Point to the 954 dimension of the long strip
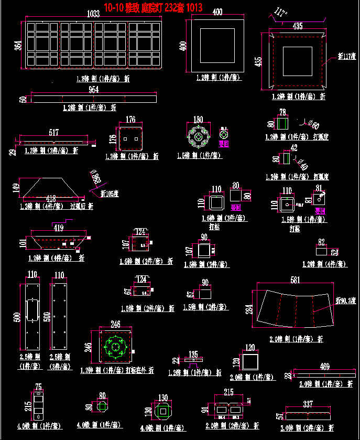[93, 90]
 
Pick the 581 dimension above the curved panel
[294, 280]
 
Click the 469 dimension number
[324, 366]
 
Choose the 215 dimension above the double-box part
[228, 392]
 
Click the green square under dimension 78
[282, 124]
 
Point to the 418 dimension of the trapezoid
[51, 198]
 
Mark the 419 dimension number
[57, 228]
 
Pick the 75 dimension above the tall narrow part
[38, 387]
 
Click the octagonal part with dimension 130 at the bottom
[163, 412]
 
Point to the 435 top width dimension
[297, 26]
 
